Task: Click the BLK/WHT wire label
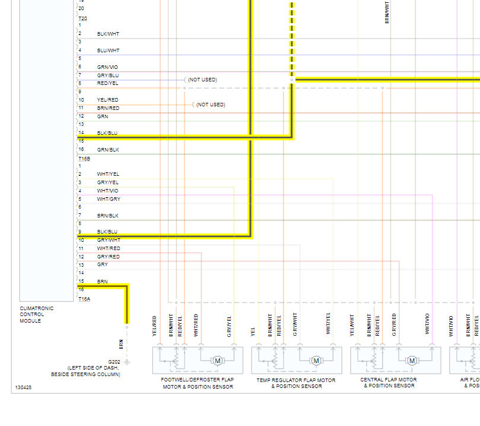(108, 34)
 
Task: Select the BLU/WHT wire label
(108, 51)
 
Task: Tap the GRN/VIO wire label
(107, 67)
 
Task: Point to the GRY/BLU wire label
(107, 75)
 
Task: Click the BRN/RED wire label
(108, 108)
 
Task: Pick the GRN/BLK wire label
(107, 150)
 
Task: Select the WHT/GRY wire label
(109, 199)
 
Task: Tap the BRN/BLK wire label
(107, 216)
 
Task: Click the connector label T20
(82, 19)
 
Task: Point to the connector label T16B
(84, 159)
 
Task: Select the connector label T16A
(84, 299)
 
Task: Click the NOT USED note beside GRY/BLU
(202, 80)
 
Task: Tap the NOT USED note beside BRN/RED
(211, 105)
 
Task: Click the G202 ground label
(113, 362)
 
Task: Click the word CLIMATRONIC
(36, 308)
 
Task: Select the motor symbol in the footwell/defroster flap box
(217, 361)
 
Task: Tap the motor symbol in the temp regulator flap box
(316, 361)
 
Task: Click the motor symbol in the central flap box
(411, 361)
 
